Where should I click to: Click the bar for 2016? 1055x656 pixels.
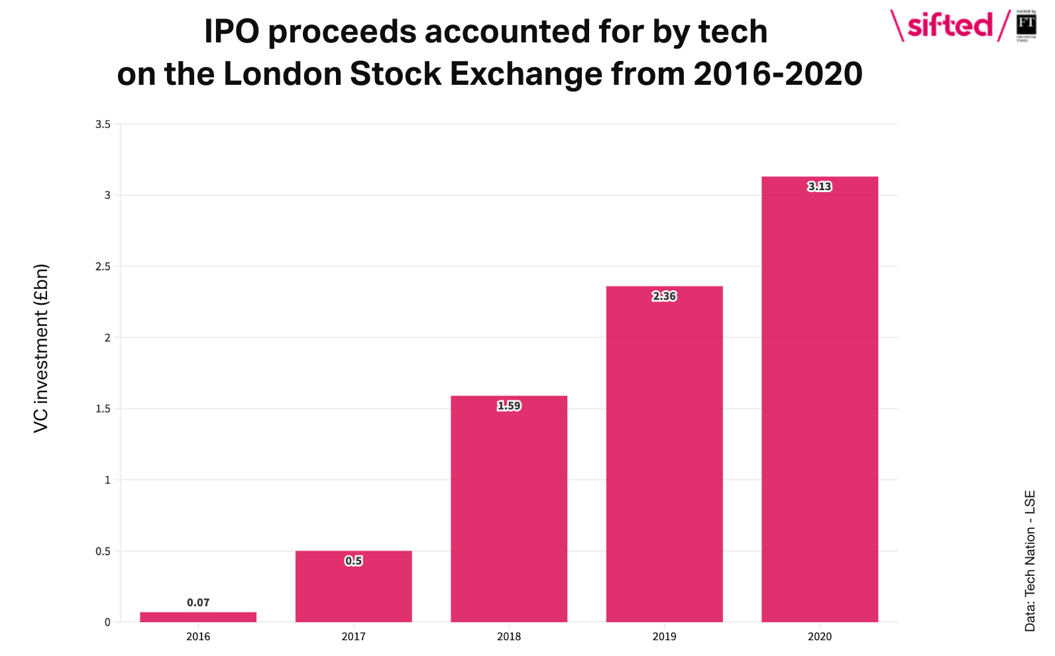point(198,617)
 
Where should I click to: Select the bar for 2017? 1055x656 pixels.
point(353,586)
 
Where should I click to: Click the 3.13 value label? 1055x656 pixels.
point(820,187)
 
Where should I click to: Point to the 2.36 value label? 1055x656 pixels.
point(664,296)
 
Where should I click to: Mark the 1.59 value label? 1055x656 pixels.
point(509,406)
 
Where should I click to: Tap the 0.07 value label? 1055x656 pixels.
point(198,602)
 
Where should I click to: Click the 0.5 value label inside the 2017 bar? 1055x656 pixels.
point(353,561)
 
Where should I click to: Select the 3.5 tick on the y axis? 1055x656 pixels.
point(103,124)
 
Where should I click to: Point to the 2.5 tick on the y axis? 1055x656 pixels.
point(103,266)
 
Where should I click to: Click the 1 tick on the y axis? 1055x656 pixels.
point(107,480)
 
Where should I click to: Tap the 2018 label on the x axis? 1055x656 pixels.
point(509,637)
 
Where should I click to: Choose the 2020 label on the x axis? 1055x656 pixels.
point(820,637)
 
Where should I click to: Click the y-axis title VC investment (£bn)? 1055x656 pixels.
point(41,349)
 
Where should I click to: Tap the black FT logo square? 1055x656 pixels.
point(1027,25)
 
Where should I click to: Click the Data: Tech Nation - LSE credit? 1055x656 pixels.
point(1030,561)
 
